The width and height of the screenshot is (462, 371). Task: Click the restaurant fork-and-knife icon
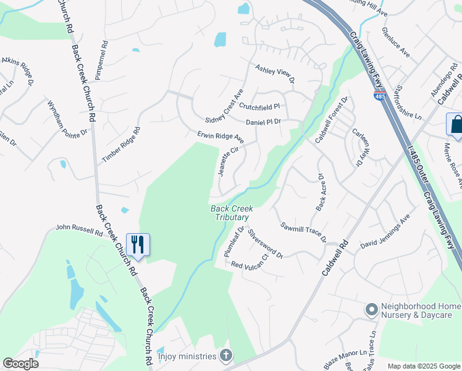(x=137, y=244)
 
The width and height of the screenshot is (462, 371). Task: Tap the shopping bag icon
(x=456, y=124)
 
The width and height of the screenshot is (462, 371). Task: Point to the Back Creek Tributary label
(x=231, y=213)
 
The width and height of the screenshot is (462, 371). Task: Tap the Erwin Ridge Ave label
(x=220, y=137)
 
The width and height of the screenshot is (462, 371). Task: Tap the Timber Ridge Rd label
(x=122, y=145)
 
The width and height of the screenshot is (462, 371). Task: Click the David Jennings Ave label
(x=385, y=232)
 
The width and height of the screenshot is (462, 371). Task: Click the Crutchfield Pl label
(x=259, y=106)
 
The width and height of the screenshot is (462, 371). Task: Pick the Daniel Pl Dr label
(x=263, y=122)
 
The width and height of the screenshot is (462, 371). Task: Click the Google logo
(x=20, y=364)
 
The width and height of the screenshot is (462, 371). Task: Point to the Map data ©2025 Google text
(x=424, y=366)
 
